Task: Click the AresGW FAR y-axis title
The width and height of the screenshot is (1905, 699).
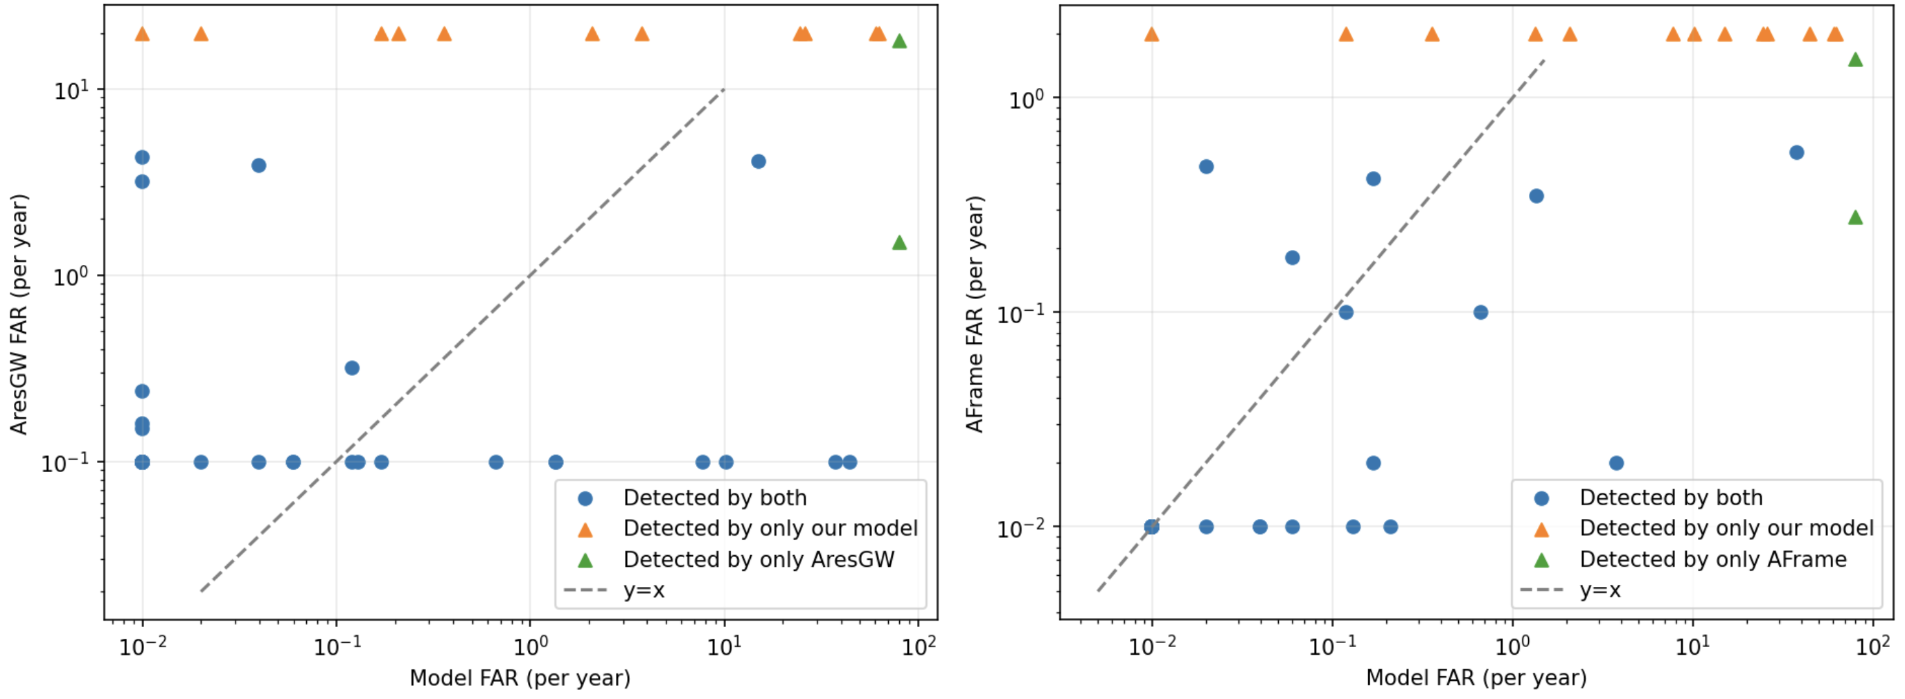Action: (19, 314)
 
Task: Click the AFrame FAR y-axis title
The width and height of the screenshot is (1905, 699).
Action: (975, 314)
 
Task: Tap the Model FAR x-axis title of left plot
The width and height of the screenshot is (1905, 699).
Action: (520, 678)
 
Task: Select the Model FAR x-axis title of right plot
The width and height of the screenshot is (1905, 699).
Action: (1476, 678)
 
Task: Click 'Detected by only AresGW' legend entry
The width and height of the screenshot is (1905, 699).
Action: (758, 559)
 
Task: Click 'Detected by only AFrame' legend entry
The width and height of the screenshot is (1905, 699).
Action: (1712, 559)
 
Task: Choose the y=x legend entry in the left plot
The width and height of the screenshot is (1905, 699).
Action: (644, 590)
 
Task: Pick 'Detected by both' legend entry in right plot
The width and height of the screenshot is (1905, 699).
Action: (1671, 498)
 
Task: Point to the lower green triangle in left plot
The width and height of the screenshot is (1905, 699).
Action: (899, 242)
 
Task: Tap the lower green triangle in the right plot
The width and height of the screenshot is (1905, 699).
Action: (1854, 217)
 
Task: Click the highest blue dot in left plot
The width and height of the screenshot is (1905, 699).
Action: (142, 156)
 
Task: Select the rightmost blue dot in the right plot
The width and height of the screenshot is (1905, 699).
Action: (1796, 152)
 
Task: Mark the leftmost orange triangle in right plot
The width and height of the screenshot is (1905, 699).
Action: (1151, 34)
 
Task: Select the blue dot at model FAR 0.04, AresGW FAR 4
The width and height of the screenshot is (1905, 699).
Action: (258, 165)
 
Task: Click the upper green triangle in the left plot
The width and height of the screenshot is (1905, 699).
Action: (899, 42)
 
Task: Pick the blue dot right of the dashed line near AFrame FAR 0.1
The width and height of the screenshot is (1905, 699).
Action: (1480, 312)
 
